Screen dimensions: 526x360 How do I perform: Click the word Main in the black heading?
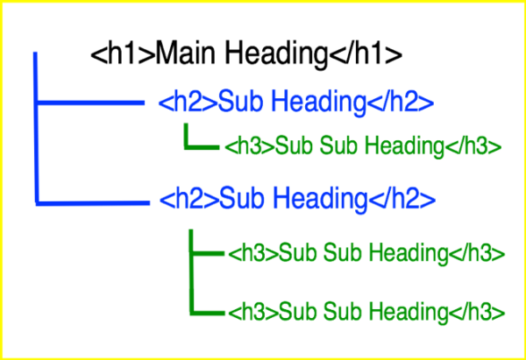[x=185, y=53]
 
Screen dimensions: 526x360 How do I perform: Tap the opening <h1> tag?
[x=123, y=53]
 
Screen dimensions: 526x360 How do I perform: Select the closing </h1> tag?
[x=365, y=53]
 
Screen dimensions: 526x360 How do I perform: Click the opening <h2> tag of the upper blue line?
[x=188, y=102]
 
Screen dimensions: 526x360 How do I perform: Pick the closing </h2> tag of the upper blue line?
[x=401, y=102]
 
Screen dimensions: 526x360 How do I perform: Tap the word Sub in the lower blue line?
[x=241, y=199]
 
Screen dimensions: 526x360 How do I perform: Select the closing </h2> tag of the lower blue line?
[x=402, y=199]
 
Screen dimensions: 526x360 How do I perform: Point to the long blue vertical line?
[x=36, y=128]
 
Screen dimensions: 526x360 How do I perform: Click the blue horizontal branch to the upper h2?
[x=90, y=102]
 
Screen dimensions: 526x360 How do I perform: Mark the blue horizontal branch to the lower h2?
[x=93, y=202]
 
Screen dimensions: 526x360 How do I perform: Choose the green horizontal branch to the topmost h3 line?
[x=202, y=147]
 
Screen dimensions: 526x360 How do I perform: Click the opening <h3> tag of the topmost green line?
[x=250, y=146]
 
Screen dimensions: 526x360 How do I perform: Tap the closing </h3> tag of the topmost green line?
[x=473, y=146]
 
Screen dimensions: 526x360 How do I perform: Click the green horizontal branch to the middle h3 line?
[x=207, y=253]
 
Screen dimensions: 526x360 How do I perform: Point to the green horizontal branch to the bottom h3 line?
[x=207, y=313]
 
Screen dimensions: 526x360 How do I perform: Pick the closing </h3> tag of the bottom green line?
[x=477, y=312]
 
